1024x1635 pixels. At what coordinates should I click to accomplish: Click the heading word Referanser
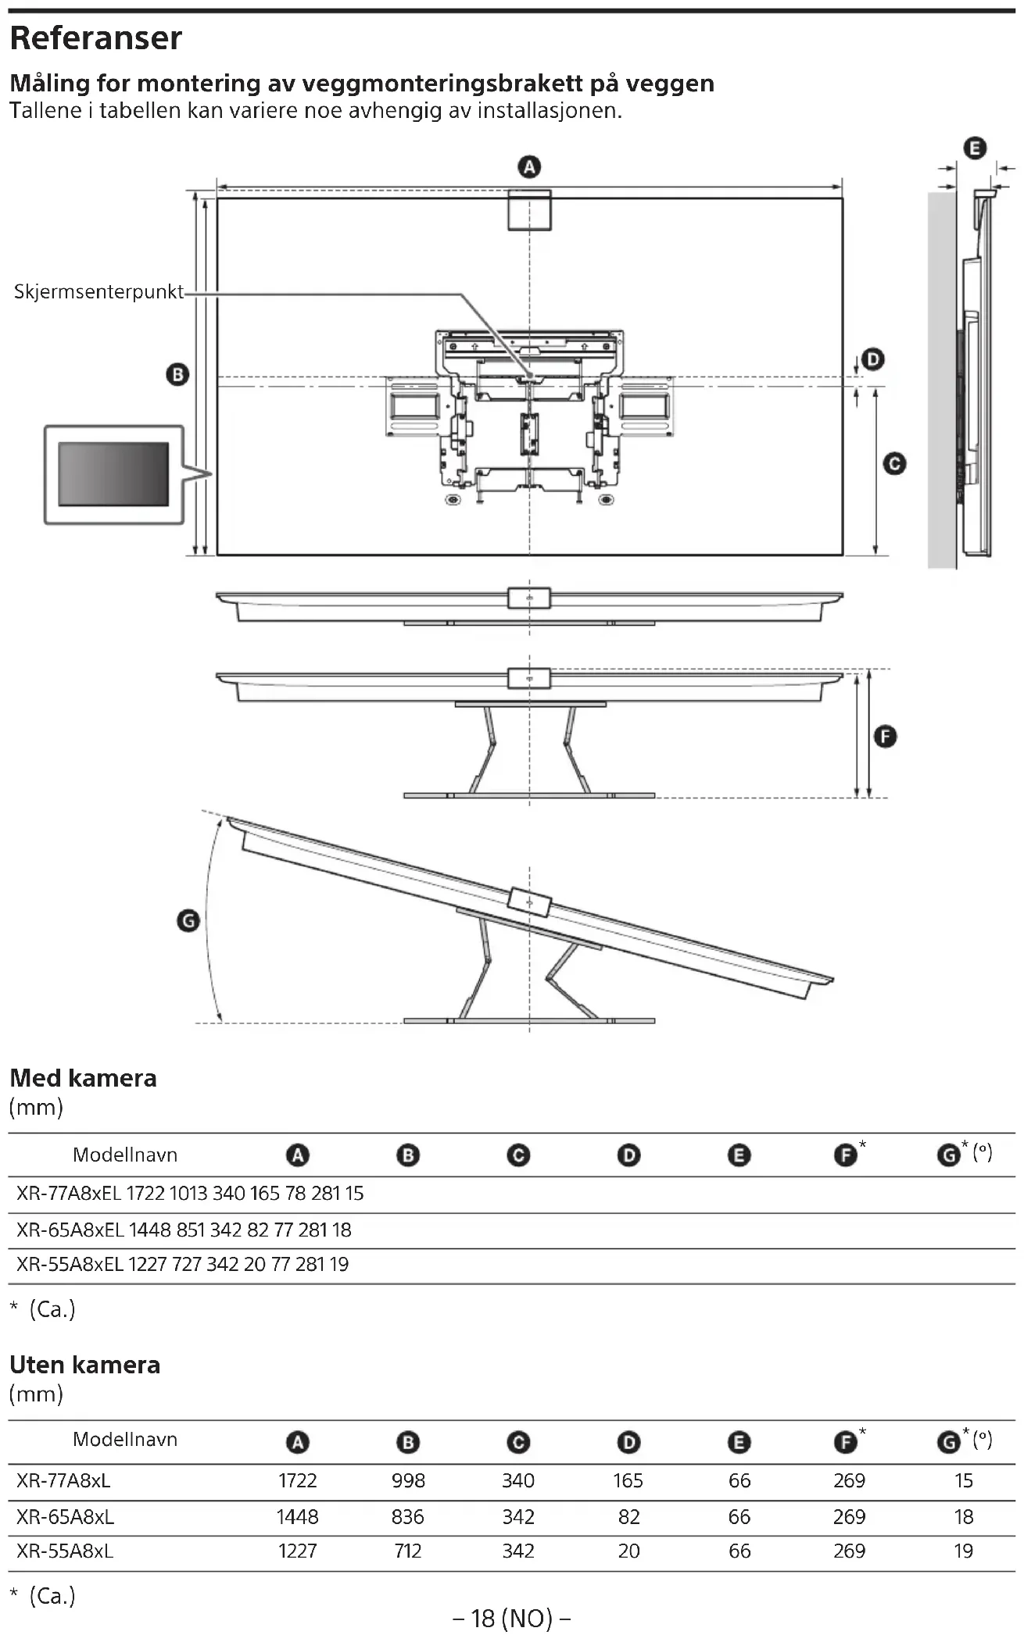[95, 38]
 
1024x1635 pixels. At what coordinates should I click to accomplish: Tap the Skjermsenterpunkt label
[98, 292]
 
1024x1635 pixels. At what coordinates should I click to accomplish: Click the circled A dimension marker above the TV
[529, 167]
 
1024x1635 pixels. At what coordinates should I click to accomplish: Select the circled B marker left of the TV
[177, 375]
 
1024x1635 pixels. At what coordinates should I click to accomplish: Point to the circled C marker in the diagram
[894, 464]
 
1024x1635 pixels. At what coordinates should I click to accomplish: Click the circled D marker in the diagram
[872, 359]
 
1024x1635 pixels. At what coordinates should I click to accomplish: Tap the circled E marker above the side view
[975, 148]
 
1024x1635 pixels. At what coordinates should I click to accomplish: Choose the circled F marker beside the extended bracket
[885, 737]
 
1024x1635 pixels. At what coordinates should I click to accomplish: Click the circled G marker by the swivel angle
[188, 921]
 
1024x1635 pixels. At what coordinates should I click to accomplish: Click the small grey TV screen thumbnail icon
[113, 474]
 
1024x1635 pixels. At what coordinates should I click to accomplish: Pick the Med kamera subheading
[83, 1078]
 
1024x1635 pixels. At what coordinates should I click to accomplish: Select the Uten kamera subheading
[84, 1365]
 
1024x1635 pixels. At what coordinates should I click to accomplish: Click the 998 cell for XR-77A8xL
[408, 1480]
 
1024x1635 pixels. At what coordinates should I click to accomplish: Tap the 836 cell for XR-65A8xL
[407, 1516]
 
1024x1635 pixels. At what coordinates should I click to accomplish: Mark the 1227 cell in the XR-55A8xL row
[297, 1551]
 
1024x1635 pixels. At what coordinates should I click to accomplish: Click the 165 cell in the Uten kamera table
[628, 1480]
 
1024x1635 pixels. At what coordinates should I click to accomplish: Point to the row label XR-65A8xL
[65, 1516]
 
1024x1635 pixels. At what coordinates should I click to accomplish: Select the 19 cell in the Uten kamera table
[963, 1551]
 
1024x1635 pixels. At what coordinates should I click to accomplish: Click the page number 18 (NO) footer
[511, 1619]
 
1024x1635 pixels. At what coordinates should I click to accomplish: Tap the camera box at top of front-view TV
[529, 210]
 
